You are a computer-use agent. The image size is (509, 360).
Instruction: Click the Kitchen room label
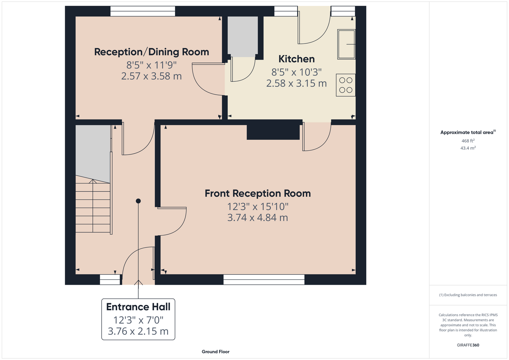[x=296, y=59]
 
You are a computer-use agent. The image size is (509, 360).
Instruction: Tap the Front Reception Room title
[x=258, y=194]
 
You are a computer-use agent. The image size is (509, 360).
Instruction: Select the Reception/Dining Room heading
[x=152, y=52]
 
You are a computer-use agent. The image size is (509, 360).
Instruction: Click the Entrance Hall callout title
[x=138, y=307]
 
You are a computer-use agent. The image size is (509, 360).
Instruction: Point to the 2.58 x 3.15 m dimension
[x=296, y=84]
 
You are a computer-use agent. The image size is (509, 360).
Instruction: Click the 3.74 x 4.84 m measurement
[x=258, y=217]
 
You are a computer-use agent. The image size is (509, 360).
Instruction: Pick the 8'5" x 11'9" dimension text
[x=152, y=65]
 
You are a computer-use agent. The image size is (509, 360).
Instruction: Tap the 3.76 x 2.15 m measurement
[x=138, y=331]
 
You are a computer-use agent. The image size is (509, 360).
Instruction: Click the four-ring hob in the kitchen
[x=346, y=85]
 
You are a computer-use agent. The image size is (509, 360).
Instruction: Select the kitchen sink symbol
[x=347, y=44]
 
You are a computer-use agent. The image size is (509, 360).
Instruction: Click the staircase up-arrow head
[x=93, y=181]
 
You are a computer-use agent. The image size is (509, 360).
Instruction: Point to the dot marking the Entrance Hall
[x=138, y=201]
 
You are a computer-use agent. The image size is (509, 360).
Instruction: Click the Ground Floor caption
[x=216, y=352]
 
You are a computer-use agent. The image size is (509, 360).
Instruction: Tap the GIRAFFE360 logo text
[x=468, y=345]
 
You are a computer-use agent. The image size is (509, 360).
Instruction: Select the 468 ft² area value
[x=468, y=141]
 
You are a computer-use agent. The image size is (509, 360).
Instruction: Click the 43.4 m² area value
[x=468, y=148]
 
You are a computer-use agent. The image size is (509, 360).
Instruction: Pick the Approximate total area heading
[x=468, y=132]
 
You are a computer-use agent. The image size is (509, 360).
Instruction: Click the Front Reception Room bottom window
[x=264, y=280]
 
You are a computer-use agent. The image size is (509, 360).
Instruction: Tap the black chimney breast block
[x=273, y=132]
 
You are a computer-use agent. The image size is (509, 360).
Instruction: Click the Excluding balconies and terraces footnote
[x=468, y=295]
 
